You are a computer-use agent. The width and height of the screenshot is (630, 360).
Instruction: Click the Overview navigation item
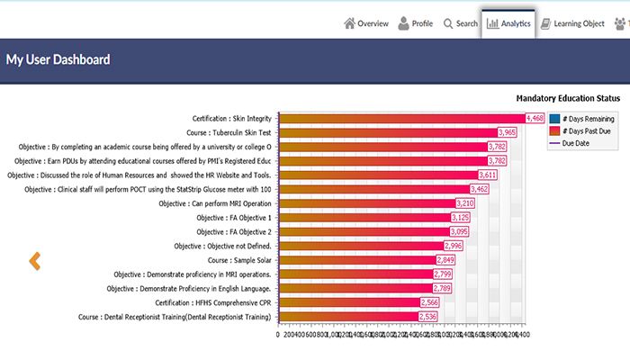366,23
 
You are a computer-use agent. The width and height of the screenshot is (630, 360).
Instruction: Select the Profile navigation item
416,23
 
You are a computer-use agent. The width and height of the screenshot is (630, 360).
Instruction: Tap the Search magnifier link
460,23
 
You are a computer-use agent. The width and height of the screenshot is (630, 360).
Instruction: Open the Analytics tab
508,23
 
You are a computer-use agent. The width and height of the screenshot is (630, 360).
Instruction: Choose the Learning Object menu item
572,23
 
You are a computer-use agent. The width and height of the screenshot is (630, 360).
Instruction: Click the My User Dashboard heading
58,60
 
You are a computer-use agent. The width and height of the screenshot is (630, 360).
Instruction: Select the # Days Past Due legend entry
586,131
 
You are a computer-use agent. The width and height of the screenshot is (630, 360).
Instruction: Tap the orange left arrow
35,261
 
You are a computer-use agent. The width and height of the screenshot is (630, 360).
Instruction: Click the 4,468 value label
535,118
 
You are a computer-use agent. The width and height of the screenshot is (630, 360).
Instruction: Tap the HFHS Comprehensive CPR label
213,302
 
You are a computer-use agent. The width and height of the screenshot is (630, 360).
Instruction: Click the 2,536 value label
428,317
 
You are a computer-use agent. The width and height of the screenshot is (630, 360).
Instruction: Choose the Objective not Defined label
222,246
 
